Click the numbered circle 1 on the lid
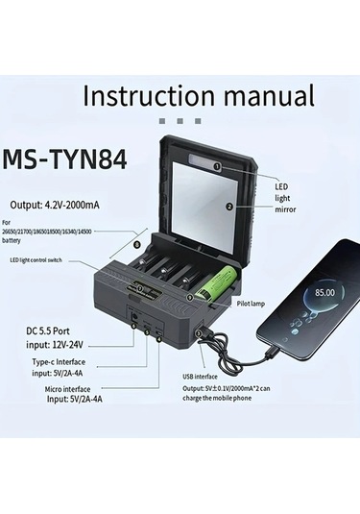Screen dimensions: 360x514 tap(217, 167)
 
